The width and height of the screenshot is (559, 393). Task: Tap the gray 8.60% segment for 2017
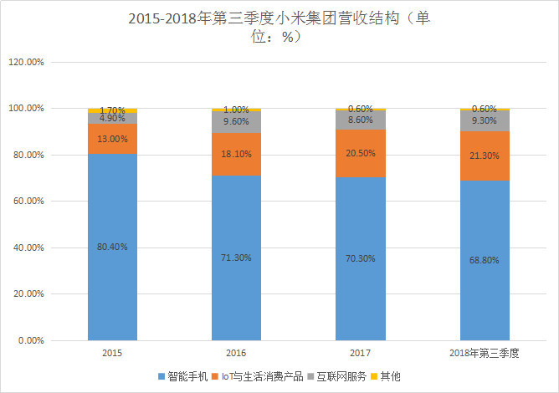pos(360,120)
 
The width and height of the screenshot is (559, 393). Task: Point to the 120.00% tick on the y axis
pos(32,62)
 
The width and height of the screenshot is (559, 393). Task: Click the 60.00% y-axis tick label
pos(33,202)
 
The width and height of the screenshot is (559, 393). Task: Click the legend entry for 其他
pos(390,376)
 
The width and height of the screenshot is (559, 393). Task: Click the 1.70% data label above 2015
pos(112,110)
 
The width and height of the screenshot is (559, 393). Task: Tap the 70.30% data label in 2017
pos(360,258)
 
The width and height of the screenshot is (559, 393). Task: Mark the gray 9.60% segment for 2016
pos(236,122)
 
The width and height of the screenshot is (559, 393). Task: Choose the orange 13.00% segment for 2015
pos(112,139)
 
